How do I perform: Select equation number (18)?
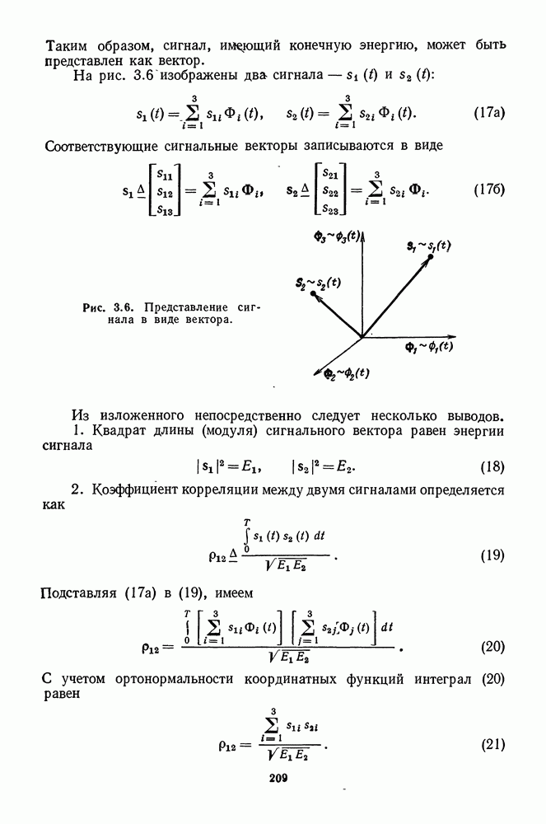tap(492, 468)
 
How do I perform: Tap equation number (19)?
tap(492, 555)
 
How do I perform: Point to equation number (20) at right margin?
tap(492, 646)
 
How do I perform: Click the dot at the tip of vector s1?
tap(430, 258)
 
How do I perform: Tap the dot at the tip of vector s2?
tap(313, 293)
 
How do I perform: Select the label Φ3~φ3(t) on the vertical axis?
tap(337, 237)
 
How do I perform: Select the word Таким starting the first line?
tap(64, 44)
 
